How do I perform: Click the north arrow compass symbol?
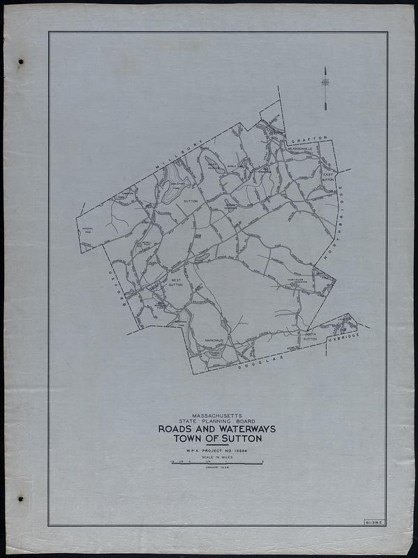click(325, 82)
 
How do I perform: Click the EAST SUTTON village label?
click(327, 178)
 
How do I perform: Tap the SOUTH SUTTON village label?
click(310, 337)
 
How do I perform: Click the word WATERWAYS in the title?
click(239, 430)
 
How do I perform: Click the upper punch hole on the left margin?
click(21, 62)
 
